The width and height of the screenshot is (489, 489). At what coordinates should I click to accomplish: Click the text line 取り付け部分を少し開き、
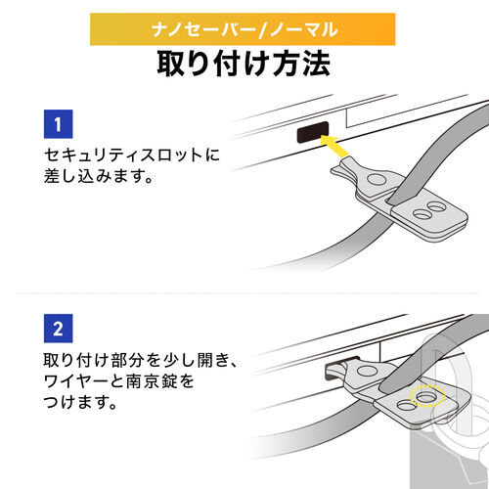141,358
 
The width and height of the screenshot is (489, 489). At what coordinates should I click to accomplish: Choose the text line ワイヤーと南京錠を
128,380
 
